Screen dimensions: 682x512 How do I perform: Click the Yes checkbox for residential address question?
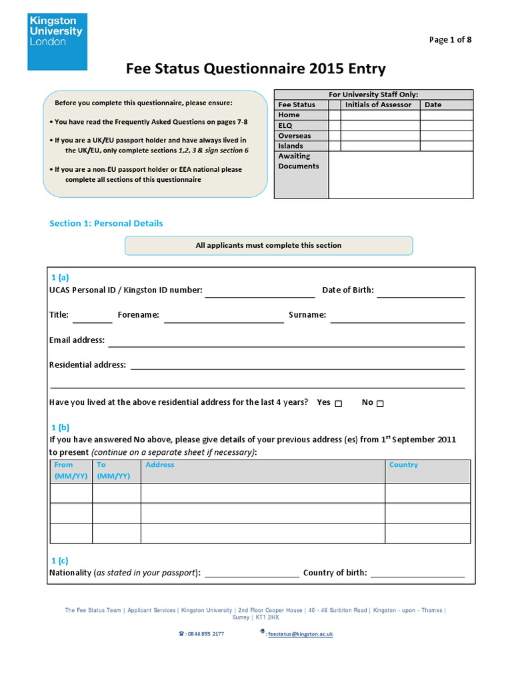click(339, 404)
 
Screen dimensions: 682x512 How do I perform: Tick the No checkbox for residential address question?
click(380, 404)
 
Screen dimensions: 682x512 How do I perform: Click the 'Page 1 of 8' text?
click(450, 40)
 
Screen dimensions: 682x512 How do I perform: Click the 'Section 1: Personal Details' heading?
click(106, 223)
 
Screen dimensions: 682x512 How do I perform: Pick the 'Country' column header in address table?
click(403, 465)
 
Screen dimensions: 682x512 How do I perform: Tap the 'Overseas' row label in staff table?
click(294, 136)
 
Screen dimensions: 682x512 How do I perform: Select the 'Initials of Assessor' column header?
click(378, 105)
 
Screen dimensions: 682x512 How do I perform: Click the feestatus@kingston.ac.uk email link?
click(299, 634)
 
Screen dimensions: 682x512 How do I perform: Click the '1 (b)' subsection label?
click(60, 428)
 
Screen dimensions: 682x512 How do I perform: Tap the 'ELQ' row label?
click(285, 125)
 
